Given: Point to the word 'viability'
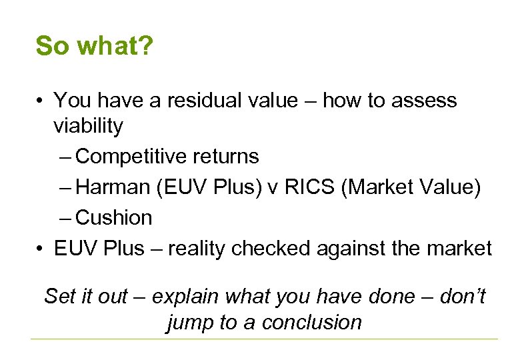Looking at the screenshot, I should [x=88, y=126].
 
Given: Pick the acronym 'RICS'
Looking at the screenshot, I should [x=309, y=187].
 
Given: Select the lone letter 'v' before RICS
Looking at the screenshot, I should [x=274, y=189].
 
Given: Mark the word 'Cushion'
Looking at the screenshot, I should [x=115, y=218].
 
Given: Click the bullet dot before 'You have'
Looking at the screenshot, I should [x=41, y=101].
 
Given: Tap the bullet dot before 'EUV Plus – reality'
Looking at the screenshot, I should [x=41, y=249].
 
